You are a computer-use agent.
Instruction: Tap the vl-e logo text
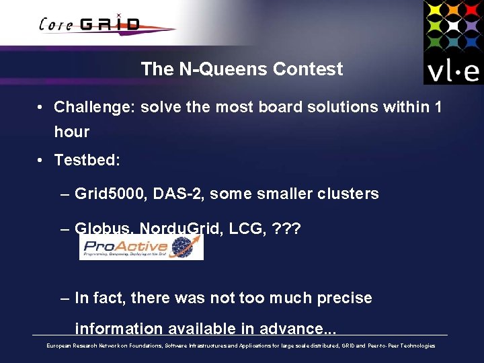tap(453, 70)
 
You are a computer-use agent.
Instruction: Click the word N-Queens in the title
tap(210, 69)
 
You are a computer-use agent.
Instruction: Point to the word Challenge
tap(93, 107)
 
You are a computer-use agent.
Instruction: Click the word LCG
tap(247, 229)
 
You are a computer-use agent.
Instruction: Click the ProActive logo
tap(140, 247)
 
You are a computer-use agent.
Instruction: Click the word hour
tap(72, 132)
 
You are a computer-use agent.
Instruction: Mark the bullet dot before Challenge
tap(41, 108)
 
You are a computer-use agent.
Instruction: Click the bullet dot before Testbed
tap(41, 161)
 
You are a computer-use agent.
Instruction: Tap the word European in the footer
tap(58, 346)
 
